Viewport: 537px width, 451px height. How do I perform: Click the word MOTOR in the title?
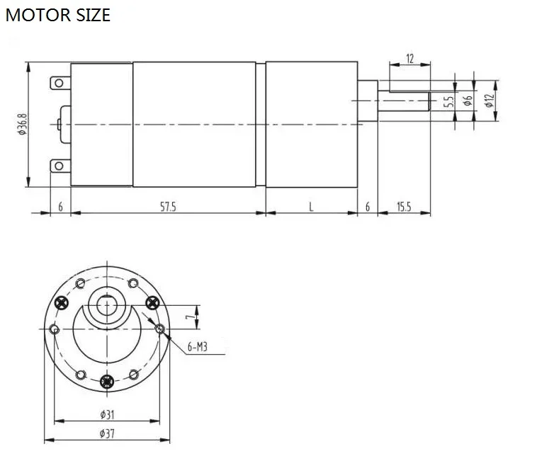click(x=38, y=15)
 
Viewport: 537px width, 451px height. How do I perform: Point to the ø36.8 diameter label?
click(x=22, y=124)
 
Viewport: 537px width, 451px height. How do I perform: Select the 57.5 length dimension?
click(x=168, y=207)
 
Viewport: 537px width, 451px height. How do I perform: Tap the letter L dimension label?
click(x=311, y=207)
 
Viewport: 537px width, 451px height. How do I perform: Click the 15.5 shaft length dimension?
click(x=404, y=207)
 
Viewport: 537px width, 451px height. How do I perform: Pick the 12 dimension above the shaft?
click(x=410, y=59)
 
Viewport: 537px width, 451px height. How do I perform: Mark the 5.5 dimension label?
click(x=448, y=102)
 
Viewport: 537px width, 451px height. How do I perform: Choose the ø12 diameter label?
click(x=490, y=101)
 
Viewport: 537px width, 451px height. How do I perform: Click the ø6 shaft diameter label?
click(x=468, y=101)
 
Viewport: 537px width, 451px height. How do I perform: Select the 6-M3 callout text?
click(x=197, y=347)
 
